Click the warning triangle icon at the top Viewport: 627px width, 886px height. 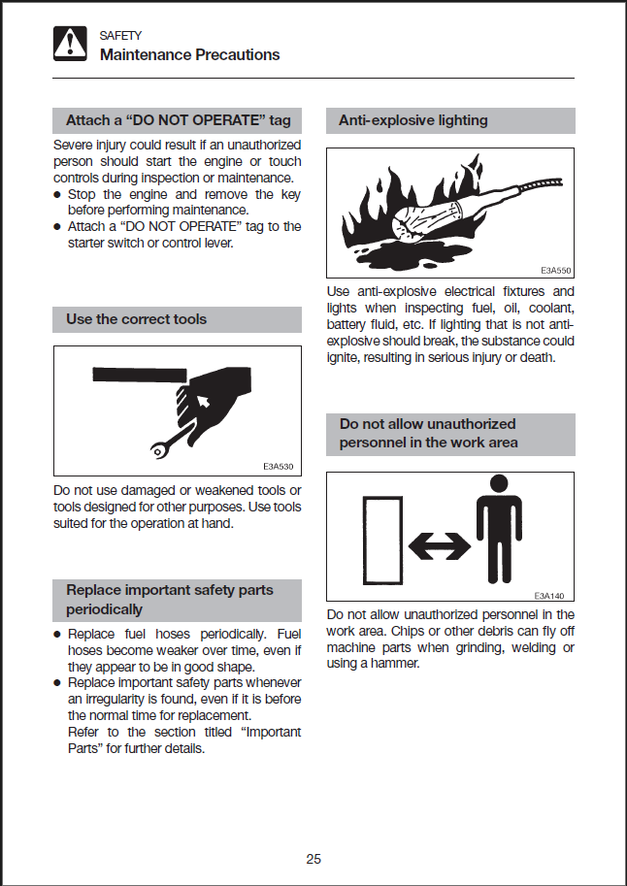pos(70,44)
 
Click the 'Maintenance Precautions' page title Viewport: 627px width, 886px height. pos(189,54)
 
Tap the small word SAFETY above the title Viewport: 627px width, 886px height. pos(120,36)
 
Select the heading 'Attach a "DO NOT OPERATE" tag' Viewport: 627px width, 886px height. pos(178,121)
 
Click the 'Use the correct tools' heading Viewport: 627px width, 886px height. pos(136,319)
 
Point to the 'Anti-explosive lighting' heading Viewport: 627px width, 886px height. pos(412,121)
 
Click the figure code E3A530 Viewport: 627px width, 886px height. pos(278,466)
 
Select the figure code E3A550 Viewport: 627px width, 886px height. pos(555,272)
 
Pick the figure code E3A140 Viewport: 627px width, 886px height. pos(550,595)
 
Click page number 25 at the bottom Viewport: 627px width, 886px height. pos(313,858)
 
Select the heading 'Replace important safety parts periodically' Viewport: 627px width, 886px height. pos(170,600)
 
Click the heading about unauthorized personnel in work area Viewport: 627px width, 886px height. pos(428,433)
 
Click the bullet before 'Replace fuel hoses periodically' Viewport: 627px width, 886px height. pos(58,635)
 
